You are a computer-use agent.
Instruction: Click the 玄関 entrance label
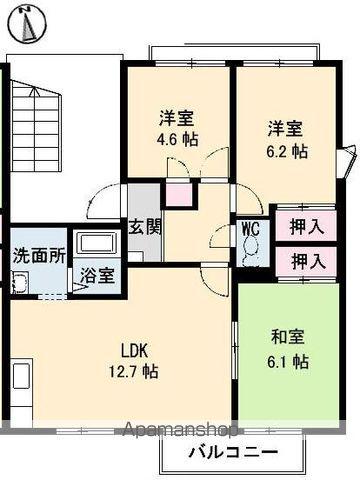coord(140,226)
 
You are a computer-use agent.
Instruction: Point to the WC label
coord(250,227)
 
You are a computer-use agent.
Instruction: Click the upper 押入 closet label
coord(307,226)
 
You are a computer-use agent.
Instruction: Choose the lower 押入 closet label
coord(307,261)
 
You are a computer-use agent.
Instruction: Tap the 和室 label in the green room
coord(285,338)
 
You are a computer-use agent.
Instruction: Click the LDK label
coord(136,350)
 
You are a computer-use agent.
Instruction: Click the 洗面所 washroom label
coord(39,253)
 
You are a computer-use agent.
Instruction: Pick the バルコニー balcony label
coord(234,451)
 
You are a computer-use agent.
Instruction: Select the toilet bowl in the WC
coord(250,254)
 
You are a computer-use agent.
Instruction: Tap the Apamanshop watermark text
coord(180,432)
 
